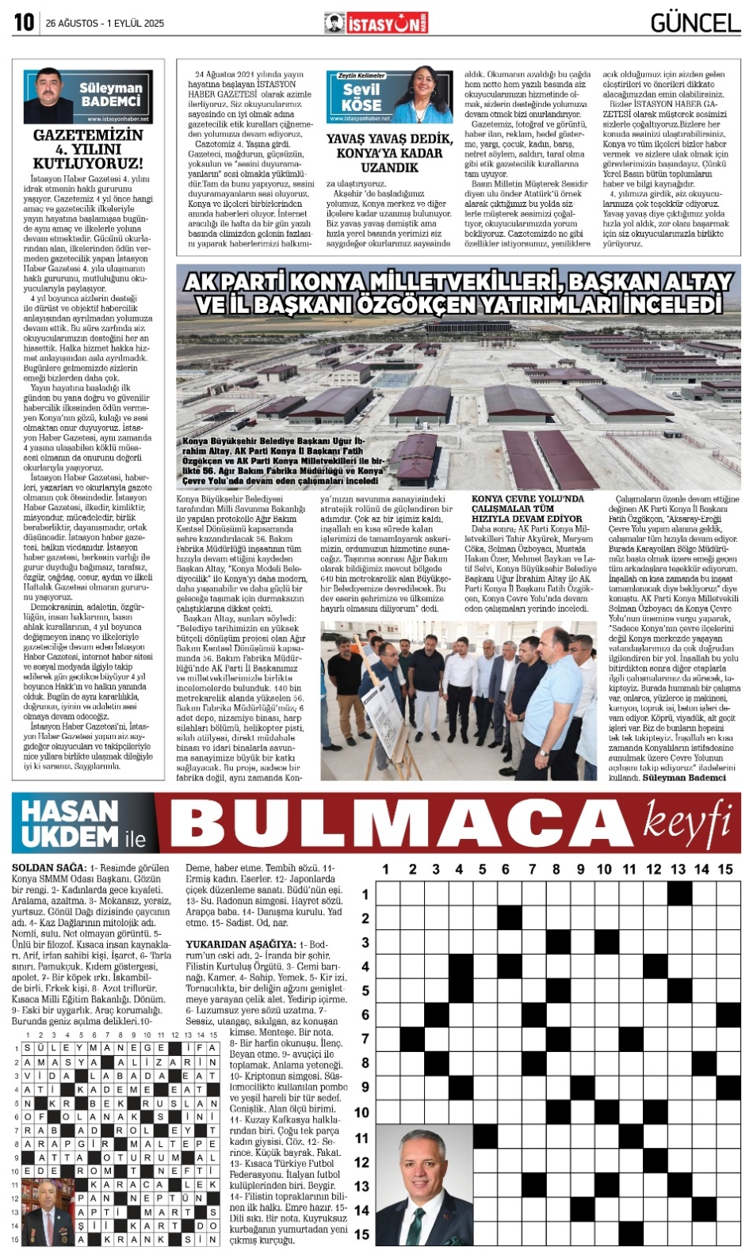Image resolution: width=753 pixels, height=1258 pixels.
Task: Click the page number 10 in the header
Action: coord(24,23)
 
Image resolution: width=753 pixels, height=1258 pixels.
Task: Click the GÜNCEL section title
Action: coord(695,23)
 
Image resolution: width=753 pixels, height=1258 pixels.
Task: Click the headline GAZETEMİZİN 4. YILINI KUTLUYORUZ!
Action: coord(88,149)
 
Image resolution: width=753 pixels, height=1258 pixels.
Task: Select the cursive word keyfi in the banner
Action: coord(687,819)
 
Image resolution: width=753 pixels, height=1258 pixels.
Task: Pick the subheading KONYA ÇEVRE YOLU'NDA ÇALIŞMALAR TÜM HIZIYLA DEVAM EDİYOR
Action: coord(528,509)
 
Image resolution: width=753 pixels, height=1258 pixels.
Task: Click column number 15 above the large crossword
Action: coord(725,869)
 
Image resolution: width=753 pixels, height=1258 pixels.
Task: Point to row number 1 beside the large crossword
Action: coord(365,894)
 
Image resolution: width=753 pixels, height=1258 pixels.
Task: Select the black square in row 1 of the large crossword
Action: coord(678,894)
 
